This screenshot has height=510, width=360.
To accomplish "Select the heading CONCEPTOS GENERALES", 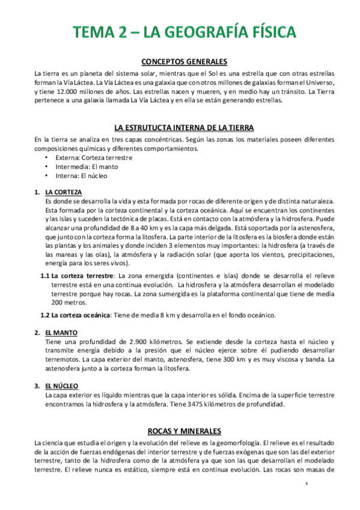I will pos(184,61).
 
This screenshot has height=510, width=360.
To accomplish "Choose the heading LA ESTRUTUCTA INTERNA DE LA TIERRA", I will pos(184,128).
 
